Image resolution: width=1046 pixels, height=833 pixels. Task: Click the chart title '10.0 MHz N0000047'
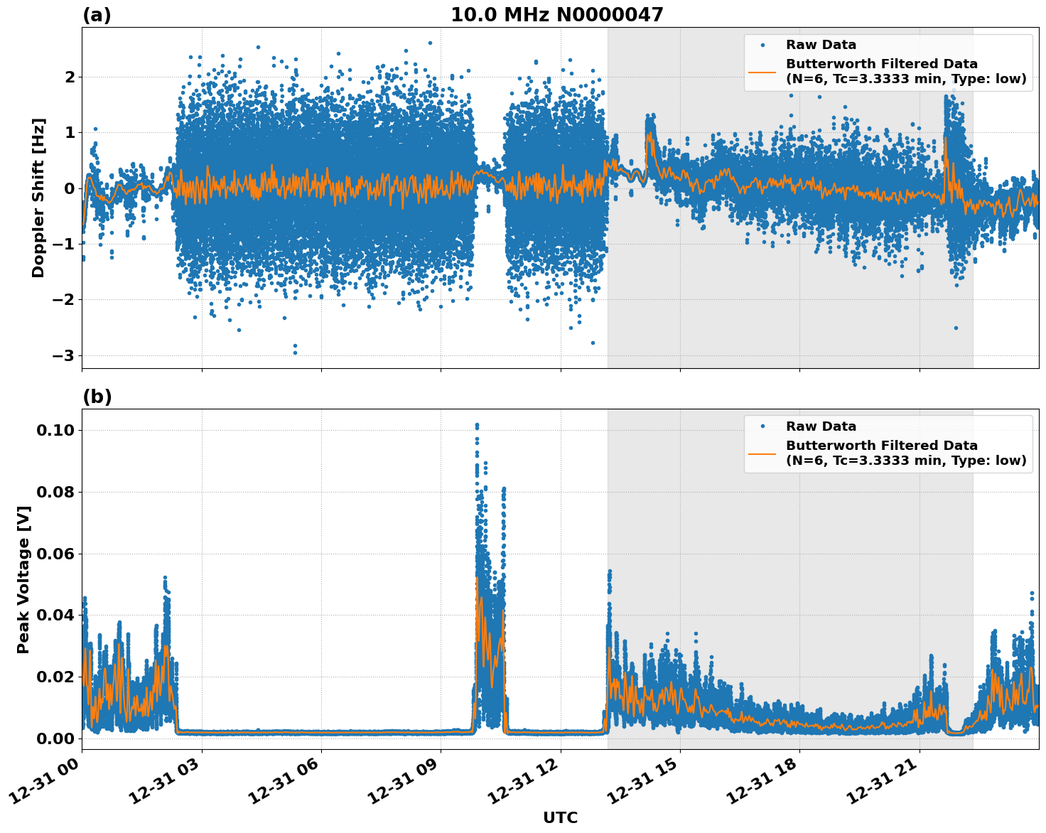(x=556, y=15)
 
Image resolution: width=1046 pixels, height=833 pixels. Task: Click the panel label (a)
(x=97, y=15)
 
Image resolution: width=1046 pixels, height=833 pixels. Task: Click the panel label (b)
(x=97, y=397)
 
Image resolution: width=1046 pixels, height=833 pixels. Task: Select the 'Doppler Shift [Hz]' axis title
(x=38, y=198)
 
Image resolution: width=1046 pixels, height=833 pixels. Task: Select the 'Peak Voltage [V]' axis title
(x=23, y=579)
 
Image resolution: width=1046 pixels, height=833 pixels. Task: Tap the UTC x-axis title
(x=560, y=817)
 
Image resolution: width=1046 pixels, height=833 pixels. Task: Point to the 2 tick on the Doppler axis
(x=69, y=77)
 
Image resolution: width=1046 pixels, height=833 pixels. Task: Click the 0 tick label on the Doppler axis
(x=69, y=188)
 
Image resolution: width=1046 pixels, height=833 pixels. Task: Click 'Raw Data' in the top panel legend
(x=821, y=45)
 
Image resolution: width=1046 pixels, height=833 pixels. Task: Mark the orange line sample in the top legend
(x=762, y=72)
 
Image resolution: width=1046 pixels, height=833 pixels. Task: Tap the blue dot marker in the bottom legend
(x=762, y=426)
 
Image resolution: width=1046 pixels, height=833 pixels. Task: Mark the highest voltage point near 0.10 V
(x=477, y=425)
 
